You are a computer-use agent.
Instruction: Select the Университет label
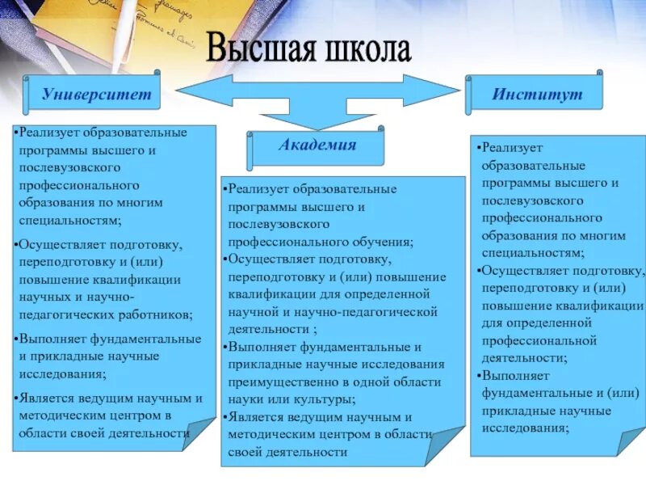96,95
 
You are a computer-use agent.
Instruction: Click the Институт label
537,95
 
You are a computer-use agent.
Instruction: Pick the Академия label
317,145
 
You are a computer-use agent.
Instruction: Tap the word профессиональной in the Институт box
539,340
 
